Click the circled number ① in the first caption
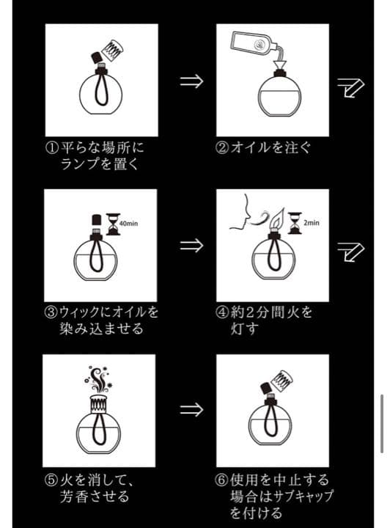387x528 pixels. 51,147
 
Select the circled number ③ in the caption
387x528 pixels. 51,312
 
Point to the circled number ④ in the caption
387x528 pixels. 223,312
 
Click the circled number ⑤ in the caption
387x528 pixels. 51,480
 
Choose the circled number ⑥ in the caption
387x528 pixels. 223,480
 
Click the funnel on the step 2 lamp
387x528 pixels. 280,70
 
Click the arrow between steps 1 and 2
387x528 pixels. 191,81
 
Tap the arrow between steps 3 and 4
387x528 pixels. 191,245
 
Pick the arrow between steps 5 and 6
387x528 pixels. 191,409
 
